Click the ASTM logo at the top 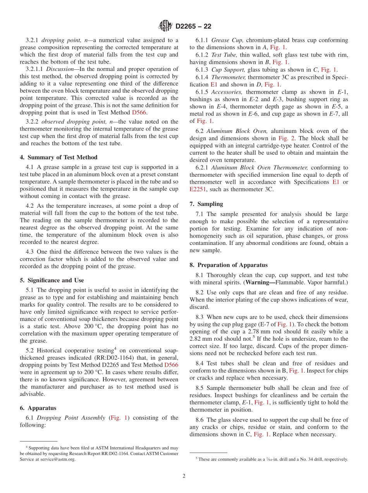tap(165, 26)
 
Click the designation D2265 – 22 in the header tap(193, 27)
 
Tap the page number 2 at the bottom tap(184, 476)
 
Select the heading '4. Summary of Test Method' tap(58, 157)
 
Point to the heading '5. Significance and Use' tap(52, 280)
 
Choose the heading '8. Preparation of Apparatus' tap(229, 265)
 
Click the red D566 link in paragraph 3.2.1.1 tap(139, 112)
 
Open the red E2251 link tap(198, 189)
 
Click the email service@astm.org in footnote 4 tap(59, 459)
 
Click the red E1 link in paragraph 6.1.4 tap(214, 84)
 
